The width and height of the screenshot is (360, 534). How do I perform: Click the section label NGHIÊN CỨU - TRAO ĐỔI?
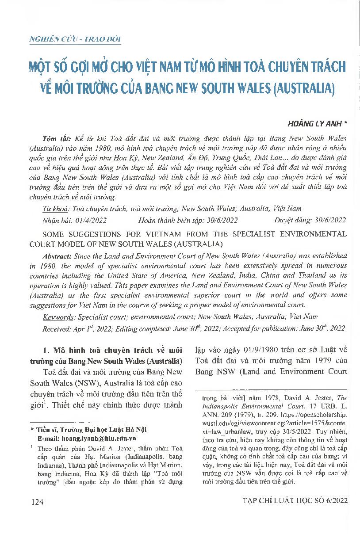coord(75,39)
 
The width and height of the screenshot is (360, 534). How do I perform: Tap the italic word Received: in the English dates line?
coord(56,328)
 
